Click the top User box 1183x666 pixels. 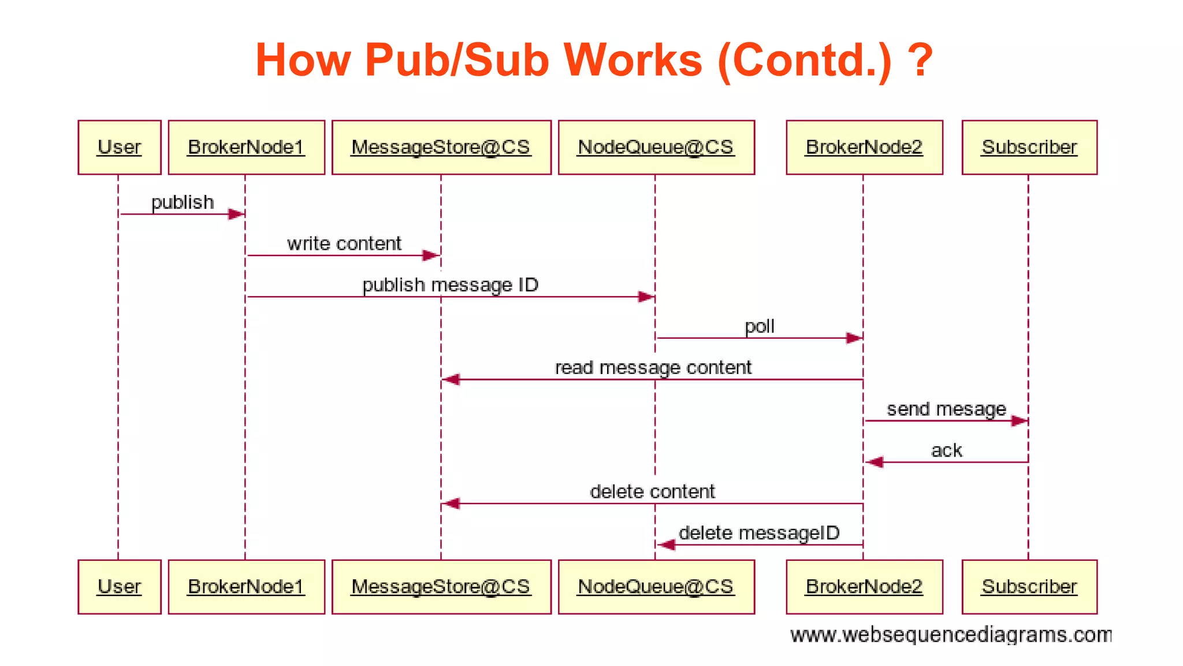coord(120,147)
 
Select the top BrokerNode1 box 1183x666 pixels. coord(246,147)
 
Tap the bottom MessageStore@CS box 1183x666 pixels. coord(441,587)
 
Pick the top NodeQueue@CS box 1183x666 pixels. coord(656,147)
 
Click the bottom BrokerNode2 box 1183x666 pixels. coord(864,587)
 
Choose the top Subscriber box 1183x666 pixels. coord(1029,147)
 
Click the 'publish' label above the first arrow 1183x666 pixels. coord(183,202)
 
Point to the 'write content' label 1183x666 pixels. coord(344,243)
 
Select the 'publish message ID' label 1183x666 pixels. coord(450,285)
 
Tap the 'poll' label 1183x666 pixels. coord(759,327)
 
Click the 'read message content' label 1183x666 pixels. coord(653,368)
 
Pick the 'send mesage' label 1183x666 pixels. coord(946,409)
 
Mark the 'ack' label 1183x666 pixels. coord(946,450)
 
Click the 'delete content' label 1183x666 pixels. coord(652,491)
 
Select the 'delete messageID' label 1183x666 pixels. coord(759,533)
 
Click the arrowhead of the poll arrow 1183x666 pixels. coord(854,338)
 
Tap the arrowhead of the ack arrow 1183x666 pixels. coord(874,462)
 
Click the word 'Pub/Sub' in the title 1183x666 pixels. coord(456,60)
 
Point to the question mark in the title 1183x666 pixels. coord(920,60)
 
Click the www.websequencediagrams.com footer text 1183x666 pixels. coord(951,635)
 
